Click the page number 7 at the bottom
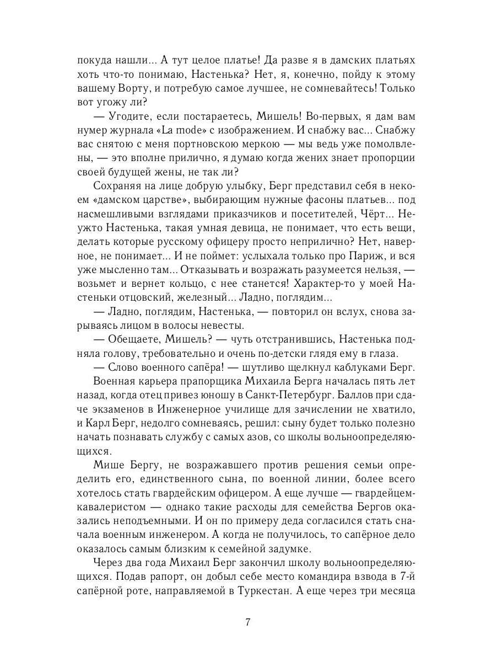(248, 623)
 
